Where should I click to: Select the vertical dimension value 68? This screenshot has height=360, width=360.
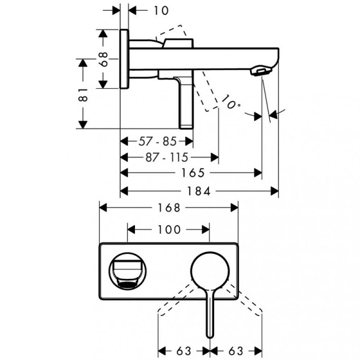(103, 59)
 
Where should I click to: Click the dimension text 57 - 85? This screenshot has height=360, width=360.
(157, 142)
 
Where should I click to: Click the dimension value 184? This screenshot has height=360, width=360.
(200, 191)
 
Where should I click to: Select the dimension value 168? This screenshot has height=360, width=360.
(169, 208)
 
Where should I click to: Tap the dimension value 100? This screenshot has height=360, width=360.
(169, 229)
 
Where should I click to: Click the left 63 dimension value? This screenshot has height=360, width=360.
(183, 349)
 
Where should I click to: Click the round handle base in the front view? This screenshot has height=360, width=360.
(209, 271)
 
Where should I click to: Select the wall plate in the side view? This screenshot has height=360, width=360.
(124, 58)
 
